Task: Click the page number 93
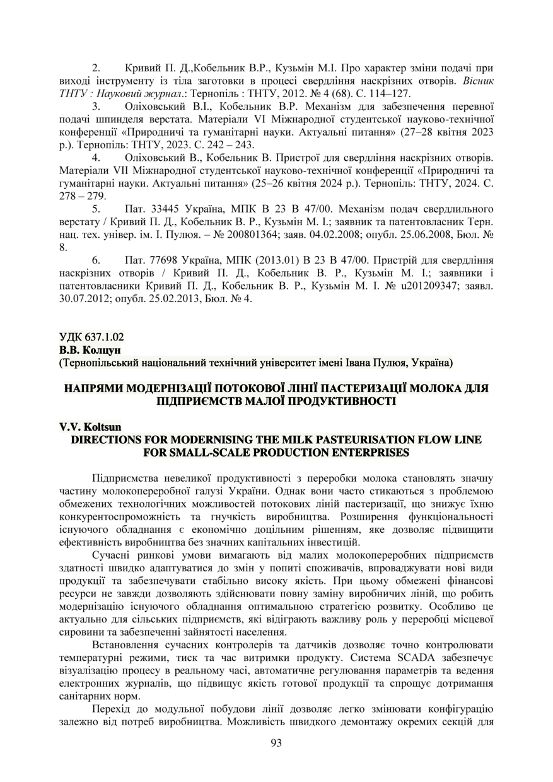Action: pos(276,743)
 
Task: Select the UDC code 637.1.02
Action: pos(97,337)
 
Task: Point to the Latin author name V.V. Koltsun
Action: pos(86,427)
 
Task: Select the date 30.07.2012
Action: pos(82,298)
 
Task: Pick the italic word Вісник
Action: pos(478,79)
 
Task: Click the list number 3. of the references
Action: pos(96,105)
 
